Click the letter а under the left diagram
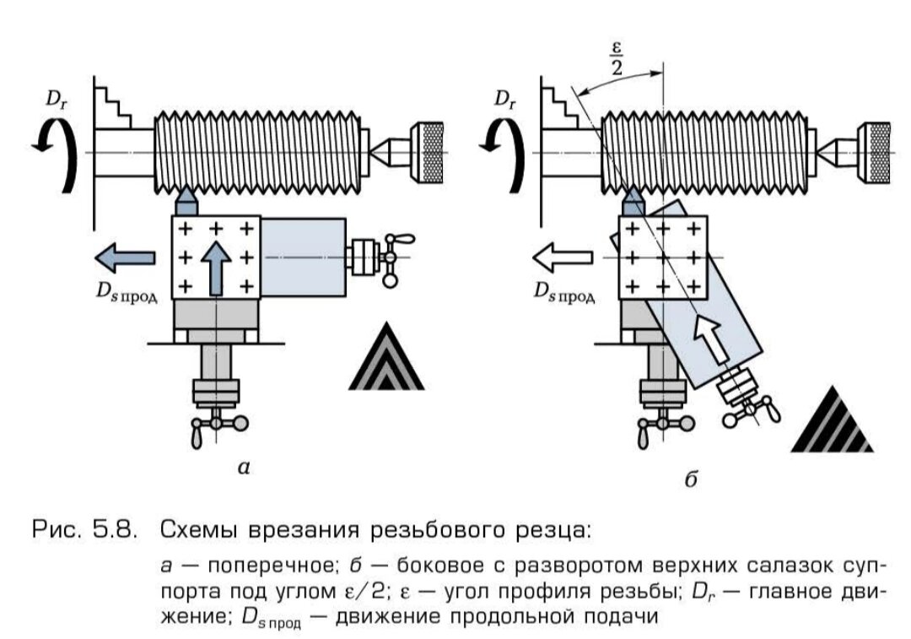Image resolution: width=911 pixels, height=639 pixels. [244, 467]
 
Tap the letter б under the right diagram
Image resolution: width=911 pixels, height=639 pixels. [690, 479]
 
